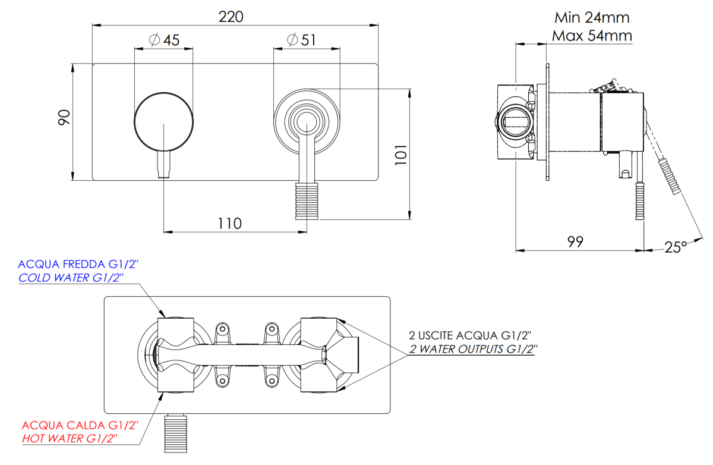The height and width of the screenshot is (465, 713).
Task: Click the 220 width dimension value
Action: [231, 17]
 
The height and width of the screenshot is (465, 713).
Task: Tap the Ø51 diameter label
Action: [301, 40]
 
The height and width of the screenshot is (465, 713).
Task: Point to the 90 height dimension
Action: [64, 117]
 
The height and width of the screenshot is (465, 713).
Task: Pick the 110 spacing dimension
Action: [229, 224]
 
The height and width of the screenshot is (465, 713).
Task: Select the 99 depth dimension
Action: [575, 241]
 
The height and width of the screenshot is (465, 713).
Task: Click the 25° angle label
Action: [676, 247]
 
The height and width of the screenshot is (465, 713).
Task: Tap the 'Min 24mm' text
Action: [591, 17]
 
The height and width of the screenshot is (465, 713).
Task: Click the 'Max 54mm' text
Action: [592, 36]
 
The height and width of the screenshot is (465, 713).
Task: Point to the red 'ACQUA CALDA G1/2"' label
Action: [80, 426]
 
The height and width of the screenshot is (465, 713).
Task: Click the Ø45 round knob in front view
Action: [164, 120]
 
